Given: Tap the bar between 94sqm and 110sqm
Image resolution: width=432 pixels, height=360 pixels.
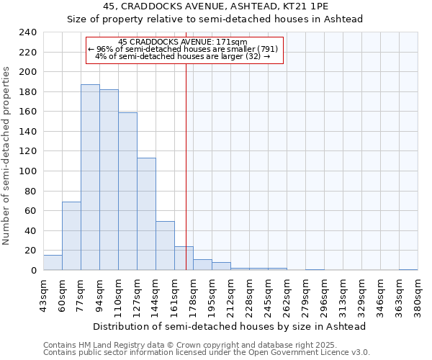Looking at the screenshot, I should click(109, 180).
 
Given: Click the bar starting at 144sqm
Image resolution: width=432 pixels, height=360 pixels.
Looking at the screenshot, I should click(165, 246).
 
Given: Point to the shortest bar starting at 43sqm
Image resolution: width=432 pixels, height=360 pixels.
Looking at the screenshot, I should click(53, 263).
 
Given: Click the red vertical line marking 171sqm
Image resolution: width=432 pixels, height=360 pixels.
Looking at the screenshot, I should click(186, 180).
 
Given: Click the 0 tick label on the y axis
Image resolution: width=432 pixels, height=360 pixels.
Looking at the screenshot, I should click(33, 271).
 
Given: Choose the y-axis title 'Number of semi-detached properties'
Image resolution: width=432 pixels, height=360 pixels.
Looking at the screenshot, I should click(7, 156).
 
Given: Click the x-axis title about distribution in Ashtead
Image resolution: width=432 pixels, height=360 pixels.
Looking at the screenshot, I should click(230, 326).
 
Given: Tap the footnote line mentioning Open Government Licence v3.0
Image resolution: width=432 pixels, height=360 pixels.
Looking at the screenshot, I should click(206, 353).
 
